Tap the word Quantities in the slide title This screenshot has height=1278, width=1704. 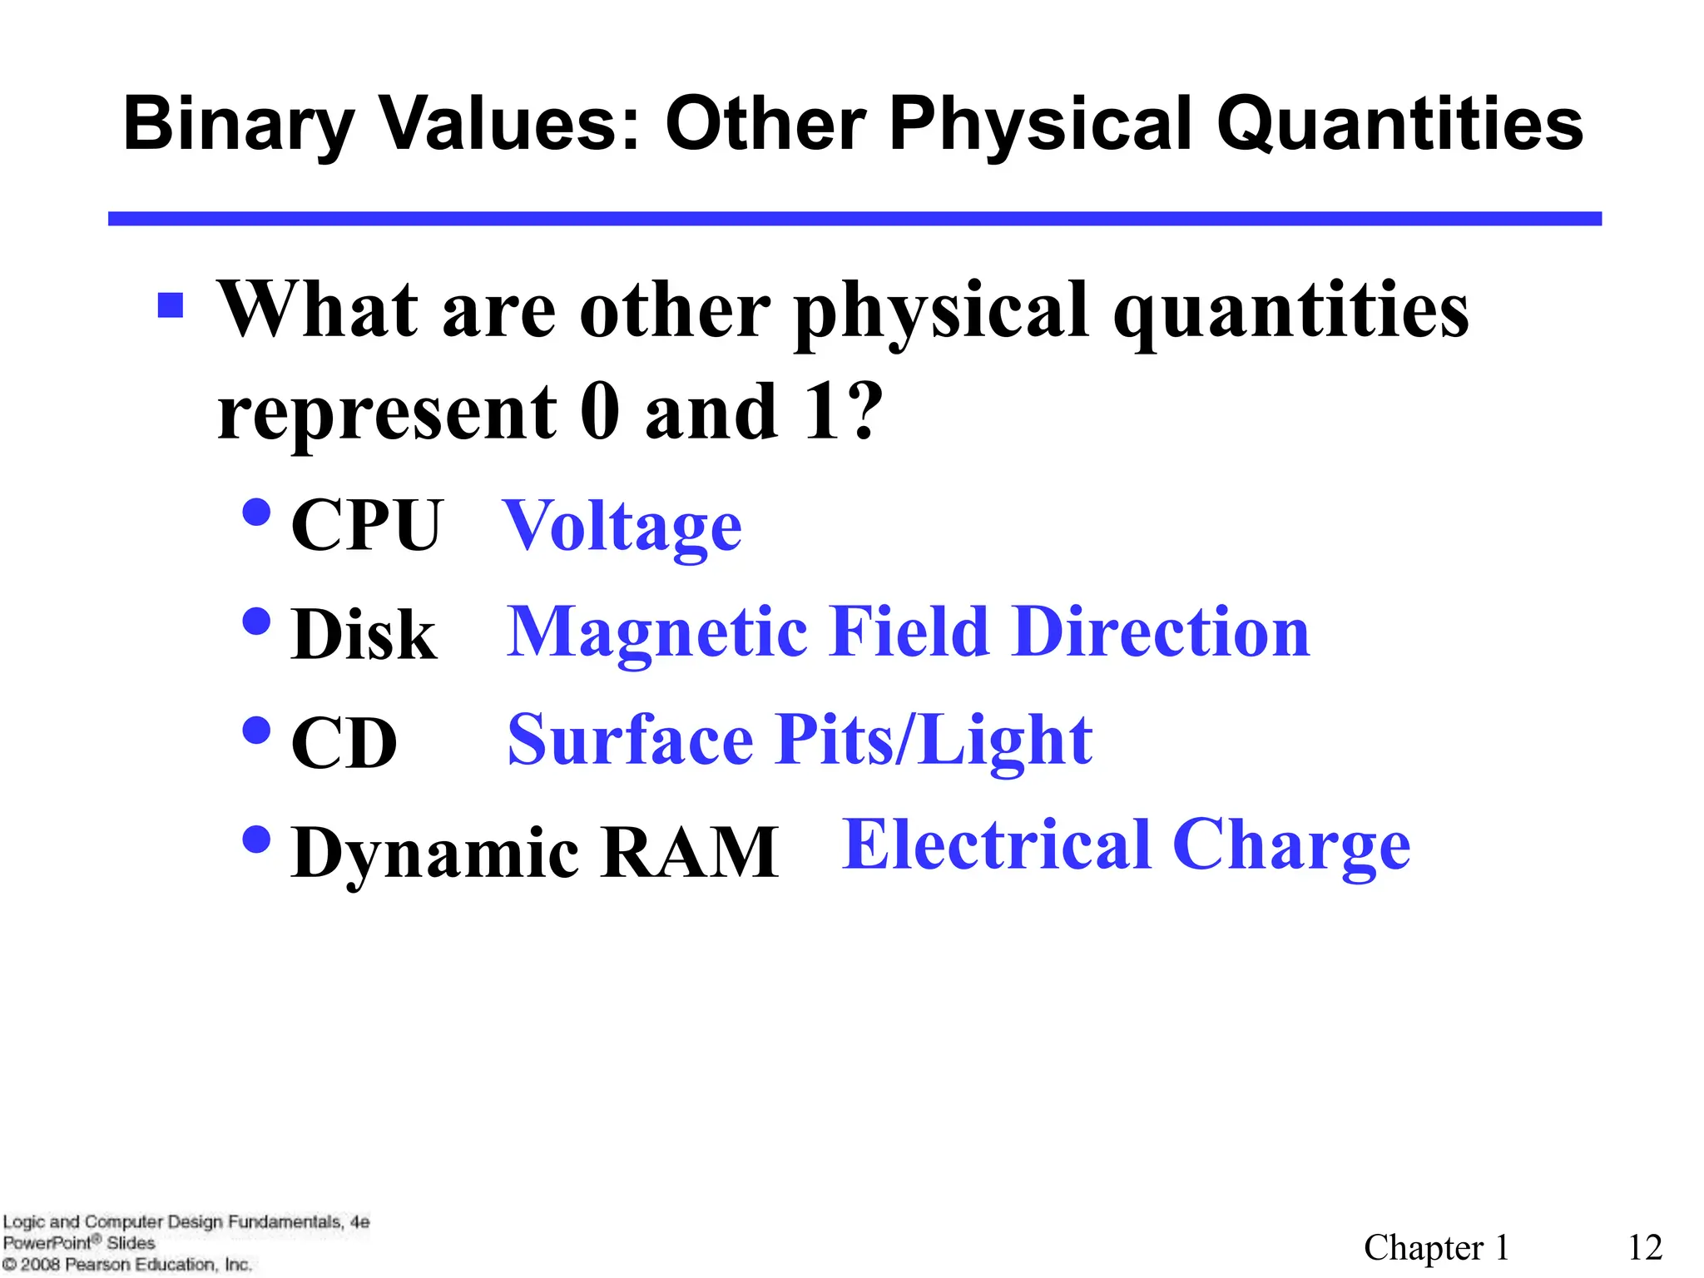pos(1399,125)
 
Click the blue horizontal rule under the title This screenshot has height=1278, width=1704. pos(854,219)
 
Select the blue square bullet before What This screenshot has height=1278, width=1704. pos(171,305)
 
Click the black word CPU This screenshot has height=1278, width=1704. pos(367,525)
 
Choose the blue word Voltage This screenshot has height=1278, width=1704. pos(622,527)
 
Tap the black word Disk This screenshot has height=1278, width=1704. pos(364,635)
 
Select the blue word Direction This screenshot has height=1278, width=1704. pos(1162,632)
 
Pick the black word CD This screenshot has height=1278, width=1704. pos(344,743)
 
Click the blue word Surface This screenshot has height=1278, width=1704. pos(631,740)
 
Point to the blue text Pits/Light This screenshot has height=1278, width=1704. pos(934,740)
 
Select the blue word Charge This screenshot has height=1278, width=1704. pos(1291,847)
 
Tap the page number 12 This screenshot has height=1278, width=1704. pos(1645,1247)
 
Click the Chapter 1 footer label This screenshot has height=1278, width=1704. pos(1436,1247)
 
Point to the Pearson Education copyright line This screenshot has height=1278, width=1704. pos(127,1265)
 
